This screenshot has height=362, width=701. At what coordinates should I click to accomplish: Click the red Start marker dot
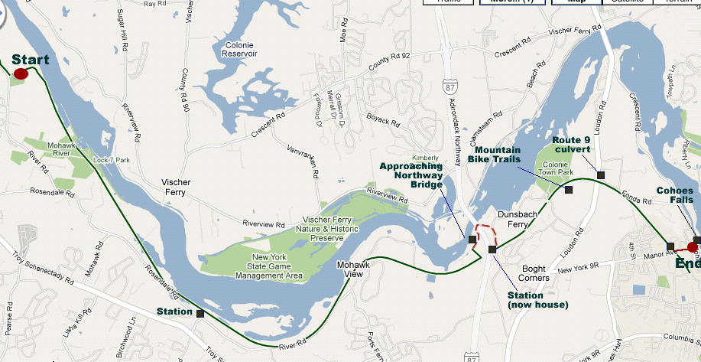click(21, 73)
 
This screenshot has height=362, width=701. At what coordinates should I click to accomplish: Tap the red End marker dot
click(693, 247)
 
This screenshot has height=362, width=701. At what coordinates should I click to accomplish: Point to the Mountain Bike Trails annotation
click(495, 155)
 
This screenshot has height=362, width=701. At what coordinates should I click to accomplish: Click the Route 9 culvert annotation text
click(579, 145)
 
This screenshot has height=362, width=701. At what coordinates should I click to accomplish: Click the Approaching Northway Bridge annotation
click(411, 174)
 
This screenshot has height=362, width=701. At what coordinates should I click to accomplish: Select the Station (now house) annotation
click(537, 299)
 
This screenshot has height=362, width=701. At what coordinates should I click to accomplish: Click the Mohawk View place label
click(352, 269)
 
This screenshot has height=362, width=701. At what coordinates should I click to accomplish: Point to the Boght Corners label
click(534, 273)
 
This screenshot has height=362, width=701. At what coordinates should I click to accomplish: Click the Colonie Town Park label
click(557, 169)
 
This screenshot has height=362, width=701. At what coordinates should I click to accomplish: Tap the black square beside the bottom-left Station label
click(200, 313)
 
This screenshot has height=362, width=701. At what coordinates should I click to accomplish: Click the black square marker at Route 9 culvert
click(601, 175)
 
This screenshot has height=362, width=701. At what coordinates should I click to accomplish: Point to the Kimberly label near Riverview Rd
click(426, 158)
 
